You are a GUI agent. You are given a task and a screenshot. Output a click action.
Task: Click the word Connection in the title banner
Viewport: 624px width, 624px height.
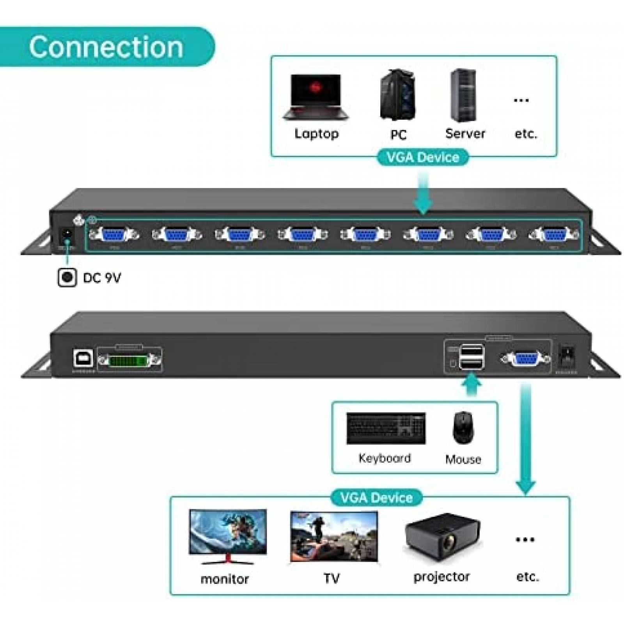coord(106,47)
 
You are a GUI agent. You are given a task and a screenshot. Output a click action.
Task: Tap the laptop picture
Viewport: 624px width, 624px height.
coord(316,97)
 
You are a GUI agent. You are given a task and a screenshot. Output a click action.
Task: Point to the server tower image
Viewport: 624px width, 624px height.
coord(463,96)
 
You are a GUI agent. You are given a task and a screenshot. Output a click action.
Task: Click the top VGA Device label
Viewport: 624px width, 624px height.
coord(423,157)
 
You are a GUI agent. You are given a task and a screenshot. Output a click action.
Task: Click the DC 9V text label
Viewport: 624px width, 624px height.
coord(102,278)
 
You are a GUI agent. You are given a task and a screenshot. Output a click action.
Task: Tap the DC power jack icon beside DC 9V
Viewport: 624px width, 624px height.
coord(67,278)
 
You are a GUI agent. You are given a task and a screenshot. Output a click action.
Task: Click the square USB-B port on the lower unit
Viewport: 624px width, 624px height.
coord(83,358)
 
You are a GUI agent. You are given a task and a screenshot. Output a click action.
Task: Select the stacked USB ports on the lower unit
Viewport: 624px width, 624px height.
coord(472,356)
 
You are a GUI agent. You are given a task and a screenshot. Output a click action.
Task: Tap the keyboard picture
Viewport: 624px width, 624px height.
coord(386,428)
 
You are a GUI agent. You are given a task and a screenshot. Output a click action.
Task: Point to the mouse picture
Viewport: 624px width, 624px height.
coord(463,427)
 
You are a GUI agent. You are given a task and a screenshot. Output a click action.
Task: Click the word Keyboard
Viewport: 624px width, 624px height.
coord(385,458)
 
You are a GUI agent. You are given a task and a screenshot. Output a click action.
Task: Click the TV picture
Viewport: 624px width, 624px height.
coord(334,537)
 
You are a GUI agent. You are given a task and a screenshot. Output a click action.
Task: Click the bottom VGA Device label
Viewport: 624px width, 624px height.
coord(376,498)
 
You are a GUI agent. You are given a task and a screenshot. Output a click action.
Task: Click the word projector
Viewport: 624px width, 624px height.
coord(441,577)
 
